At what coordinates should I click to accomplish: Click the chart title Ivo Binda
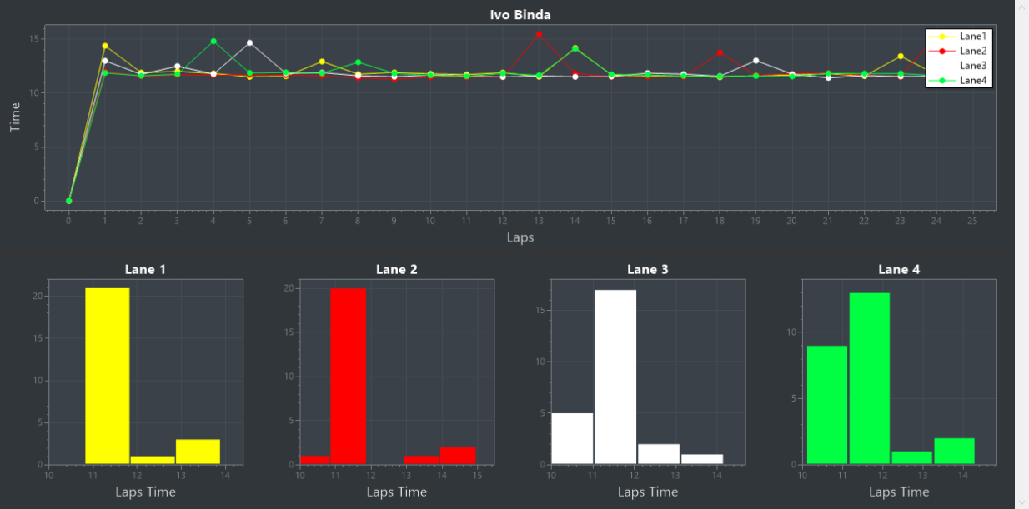tap(520, 15)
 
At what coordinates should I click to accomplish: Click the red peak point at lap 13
tap(539, 34)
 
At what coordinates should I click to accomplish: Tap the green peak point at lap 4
tap(213, 41)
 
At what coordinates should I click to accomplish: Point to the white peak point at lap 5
tap(249, 42)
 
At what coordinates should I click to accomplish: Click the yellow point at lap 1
tap(105, 46)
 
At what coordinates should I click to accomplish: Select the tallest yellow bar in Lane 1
tap(108, 375)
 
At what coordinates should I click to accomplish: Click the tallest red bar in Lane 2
tap(348, 376)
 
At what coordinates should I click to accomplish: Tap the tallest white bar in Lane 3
tap(615, 377)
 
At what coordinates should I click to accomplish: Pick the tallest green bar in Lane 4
tap(869, 378)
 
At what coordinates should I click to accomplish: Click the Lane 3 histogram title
tap(647, 269)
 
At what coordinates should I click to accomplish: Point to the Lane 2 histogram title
tap(396, 269)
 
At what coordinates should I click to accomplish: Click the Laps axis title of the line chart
tap(520, 237)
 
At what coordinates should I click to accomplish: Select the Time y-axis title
tap(15, 117)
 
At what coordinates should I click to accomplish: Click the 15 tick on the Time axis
tap(35, 39)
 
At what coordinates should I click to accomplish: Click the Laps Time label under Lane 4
tap(899, 492)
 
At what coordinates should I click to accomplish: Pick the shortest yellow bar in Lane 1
tap(153, 459)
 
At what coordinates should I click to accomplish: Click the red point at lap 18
tap(720, 52)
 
